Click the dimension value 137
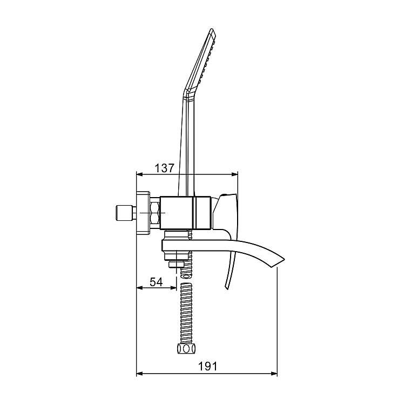click(164, 168)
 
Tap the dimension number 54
click(156, 281)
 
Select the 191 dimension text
click(207, 366)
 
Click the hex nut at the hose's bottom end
click(185, 349)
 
